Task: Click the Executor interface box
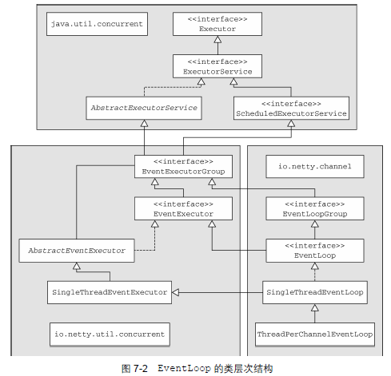click(x=217, y=24)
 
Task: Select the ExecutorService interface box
click(x=217, y=66)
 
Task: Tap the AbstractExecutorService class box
click(x=144, y=108)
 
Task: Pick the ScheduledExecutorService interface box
click(x=291, y=108)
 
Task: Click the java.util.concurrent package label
click(x=97, y=24)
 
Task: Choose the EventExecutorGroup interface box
click(x=183, y=167)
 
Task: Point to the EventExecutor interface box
click(x=183, y=208)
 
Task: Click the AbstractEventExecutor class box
click(x=77, y=251)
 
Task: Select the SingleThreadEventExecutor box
click(x=110, y=292)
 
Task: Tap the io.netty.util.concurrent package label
click(x=110, y=334)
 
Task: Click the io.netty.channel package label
click(x=315, y=167)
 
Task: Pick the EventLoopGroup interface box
click(x=315, y=208)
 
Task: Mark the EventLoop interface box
click(x=315, y=251)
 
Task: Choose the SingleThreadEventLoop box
click(x=315, y=292)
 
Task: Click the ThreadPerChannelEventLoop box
click(x=315, y=334)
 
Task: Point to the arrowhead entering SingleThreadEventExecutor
click(x=175, y=292)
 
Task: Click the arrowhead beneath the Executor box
click(x=217, y=39)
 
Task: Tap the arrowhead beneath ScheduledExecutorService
click(x=291, y=123)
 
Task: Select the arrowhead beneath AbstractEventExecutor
click(x=77, y=266)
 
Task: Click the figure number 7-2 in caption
click(x=140, y=369)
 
